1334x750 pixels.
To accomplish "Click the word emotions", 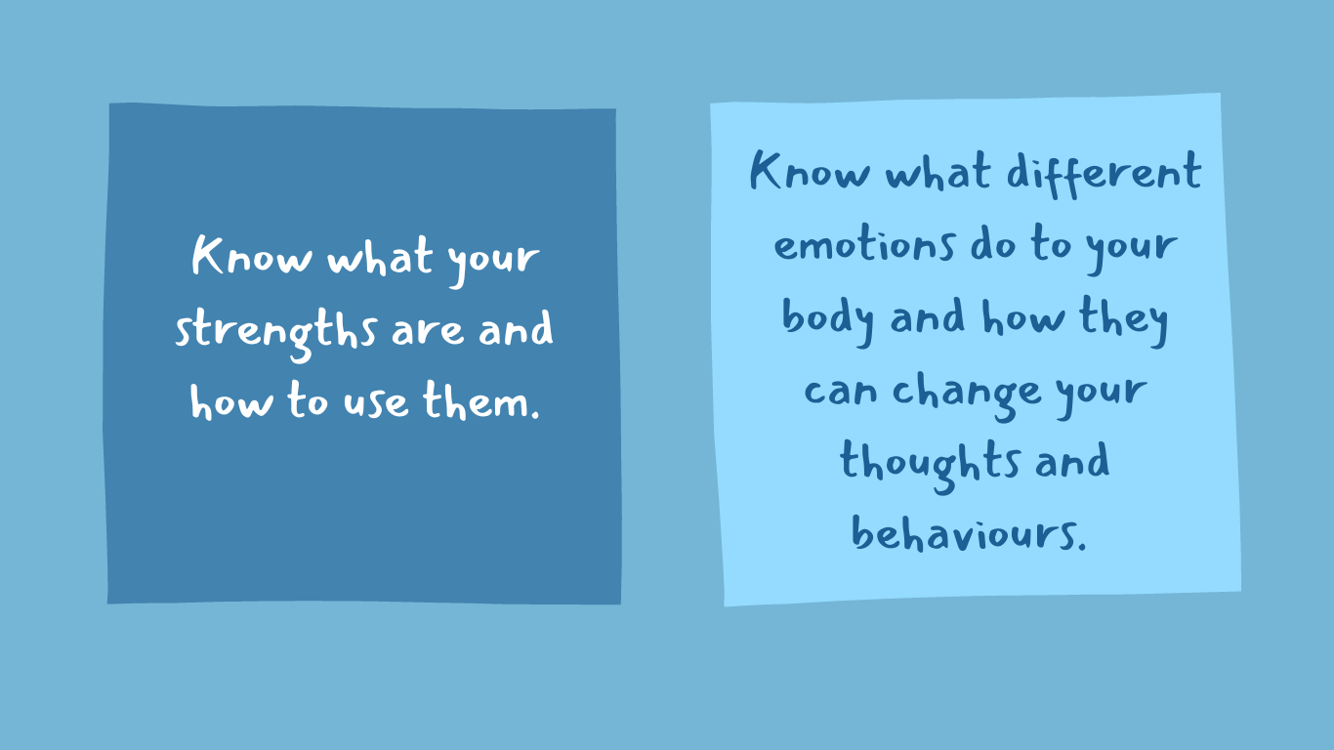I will [863, 245].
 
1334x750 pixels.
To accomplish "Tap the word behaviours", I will [968, 533].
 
